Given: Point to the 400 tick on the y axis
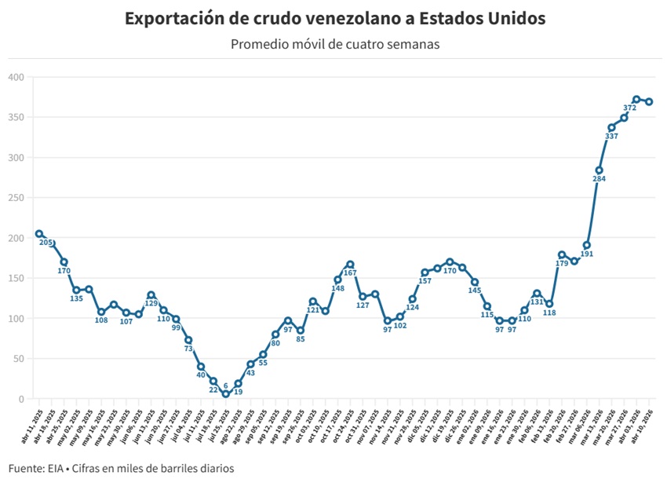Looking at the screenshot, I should (x=16, y=77).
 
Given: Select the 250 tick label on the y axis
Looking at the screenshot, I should (x=16, y=198).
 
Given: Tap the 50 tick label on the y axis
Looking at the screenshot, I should (x=19, y=359).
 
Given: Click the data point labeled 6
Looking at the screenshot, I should (x=225, y=394).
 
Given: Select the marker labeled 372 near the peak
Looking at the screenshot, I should (x=636, y=100).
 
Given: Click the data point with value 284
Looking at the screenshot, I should (x=599, y=170).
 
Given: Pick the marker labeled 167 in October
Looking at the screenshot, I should (x=350, y=265).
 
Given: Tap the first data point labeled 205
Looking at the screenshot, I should (x=38, y=234).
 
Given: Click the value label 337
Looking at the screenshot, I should (x=611, y=137).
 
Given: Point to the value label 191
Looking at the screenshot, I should (x=586, y=254).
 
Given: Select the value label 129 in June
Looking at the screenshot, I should (x=151, y=304).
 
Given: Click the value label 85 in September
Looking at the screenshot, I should (x=301, y=339).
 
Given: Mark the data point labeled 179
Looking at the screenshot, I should (x=562, y=254).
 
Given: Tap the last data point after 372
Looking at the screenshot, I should (x=649, y=101).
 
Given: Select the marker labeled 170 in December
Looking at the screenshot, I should (x=450, y=261).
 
